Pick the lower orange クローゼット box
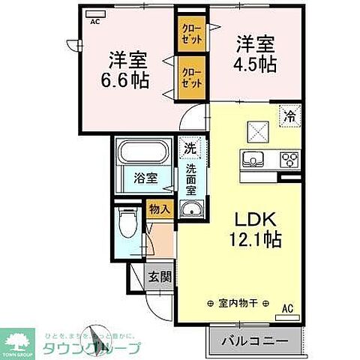pyautogui.click(x=189, y=76)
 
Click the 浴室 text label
pyautogui.click(x=145, y=178)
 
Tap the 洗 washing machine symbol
pyautogui.click(x=190, y=148)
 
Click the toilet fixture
pyautogui.click(x=130, y=226)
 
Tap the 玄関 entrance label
pyautogui.click(x=160, y=277)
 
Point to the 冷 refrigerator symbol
pyautogui.click(x=289, y=116)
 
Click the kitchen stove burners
pyautogui.click(x=289, y=158)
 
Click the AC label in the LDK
pyautogui.click(x=288, y=307)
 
